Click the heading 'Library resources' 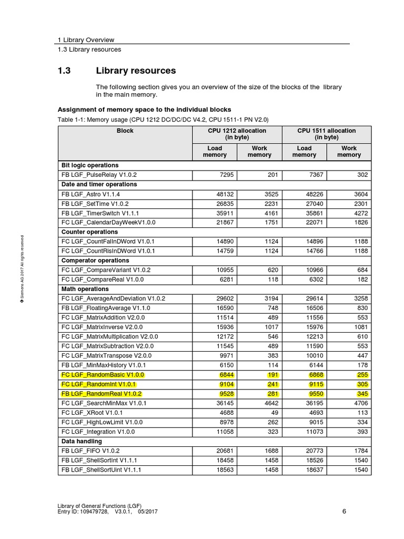(136, 71)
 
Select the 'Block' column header (125, 131)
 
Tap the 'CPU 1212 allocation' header (237, 134)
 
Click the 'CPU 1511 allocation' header (326, 134)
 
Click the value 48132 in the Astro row (216, 194)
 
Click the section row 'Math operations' (85, 289)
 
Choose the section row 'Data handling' (82, 441)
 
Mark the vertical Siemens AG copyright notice (23, 269)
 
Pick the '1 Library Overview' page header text (86, 40)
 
